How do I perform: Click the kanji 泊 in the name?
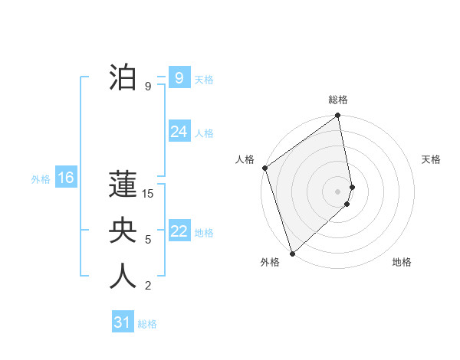123,77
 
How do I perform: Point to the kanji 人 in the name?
123,277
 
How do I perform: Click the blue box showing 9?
179,77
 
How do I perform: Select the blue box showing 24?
179,132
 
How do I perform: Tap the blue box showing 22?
179,231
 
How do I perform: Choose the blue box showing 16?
65,178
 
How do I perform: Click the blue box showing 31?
122,322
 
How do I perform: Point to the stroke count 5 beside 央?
148,240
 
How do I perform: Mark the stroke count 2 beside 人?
148,286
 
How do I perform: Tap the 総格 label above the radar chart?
338,100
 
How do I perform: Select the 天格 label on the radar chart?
431,159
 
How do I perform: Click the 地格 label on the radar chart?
402,262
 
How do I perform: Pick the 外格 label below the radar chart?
270,262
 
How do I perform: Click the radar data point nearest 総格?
338,116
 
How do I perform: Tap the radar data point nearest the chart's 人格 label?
265,168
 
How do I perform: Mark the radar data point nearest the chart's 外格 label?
292,253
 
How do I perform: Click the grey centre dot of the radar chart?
338,191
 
